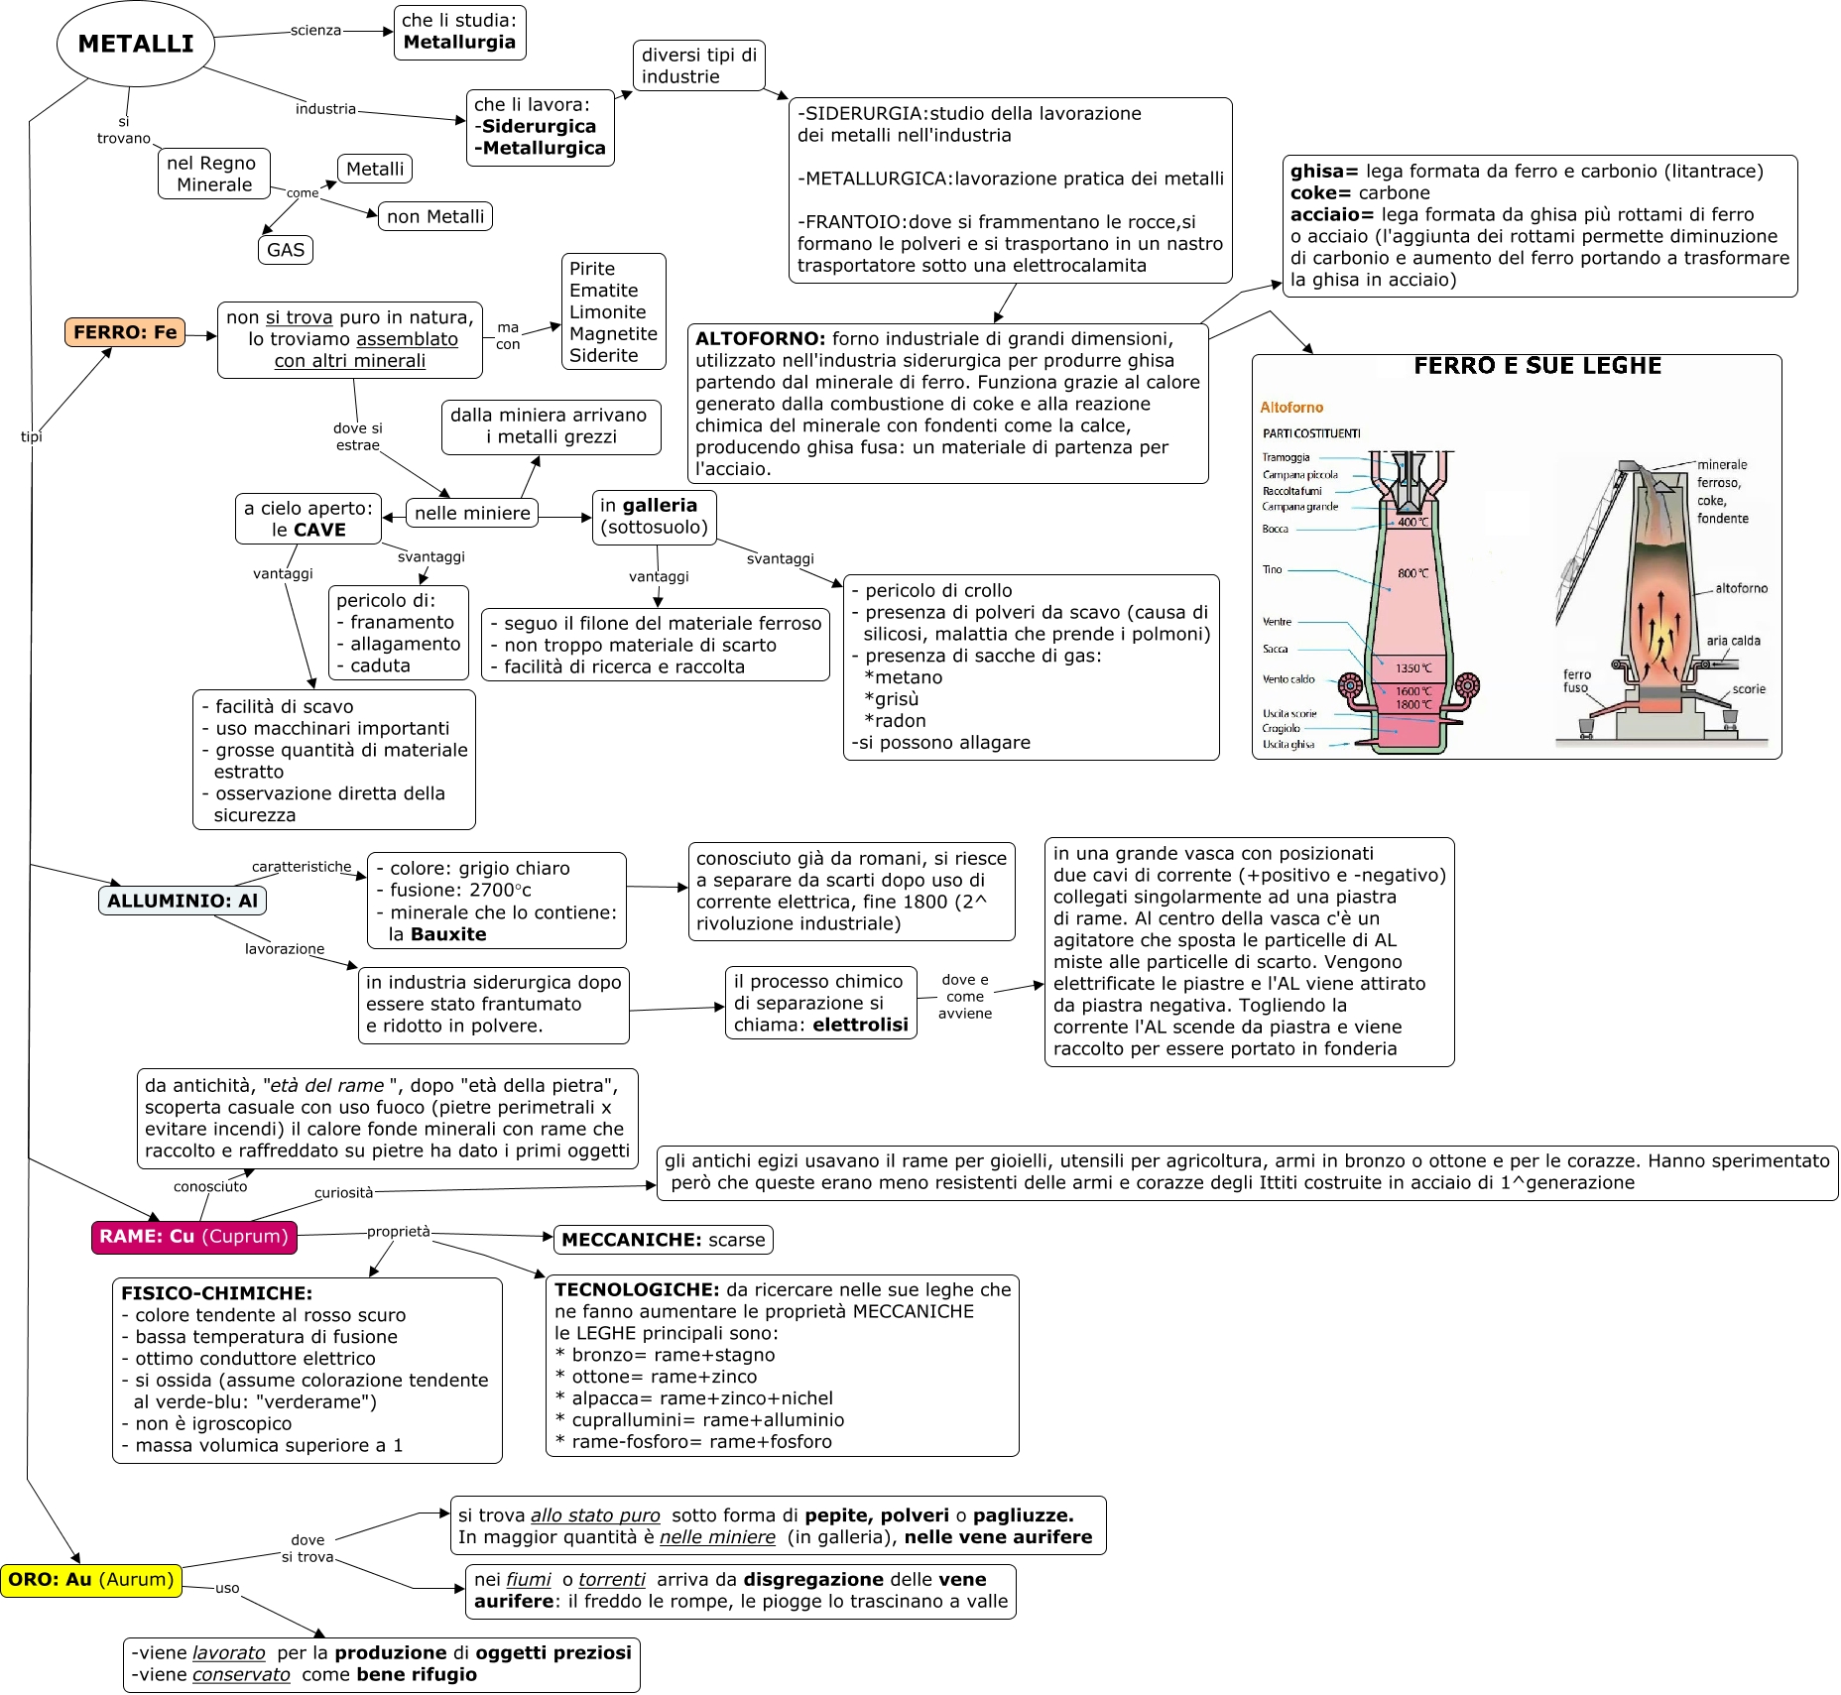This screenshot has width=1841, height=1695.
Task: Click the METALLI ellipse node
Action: point(136,44)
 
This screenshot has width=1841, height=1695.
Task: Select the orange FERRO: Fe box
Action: point(125,332)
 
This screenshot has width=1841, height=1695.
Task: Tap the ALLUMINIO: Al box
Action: point(183,901)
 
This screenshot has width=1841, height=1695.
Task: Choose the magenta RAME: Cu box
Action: point(194,1237)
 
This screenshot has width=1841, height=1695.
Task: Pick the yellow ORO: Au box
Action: point(91,1579)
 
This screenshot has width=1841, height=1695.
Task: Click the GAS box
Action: point(286,250)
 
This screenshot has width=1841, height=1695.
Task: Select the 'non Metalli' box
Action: point(435,216)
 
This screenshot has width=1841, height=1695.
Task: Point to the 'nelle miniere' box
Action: point(472,513)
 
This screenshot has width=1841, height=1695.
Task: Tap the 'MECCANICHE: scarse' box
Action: point(663,1240)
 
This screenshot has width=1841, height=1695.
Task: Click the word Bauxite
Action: point(448,934)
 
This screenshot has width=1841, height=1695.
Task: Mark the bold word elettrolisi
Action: point(860,1025)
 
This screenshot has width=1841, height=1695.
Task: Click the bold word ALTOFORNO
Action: point(760,339)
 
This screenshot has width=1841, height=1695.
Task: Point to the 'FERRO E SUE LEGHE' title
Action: point(1536,366)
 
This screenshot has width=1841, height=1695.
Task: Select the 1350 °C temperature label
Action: point(1413,668)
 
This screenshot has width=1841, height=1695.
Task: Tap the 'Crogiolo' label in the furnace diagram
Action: point(1281,728)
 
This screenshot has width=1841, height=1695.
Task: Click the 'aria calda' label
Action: point(1733,641)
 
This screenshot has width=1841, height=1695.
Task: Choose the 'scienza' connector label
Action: point(315,31)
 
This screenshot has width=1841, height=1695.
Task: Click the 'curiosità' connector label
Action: point(343,1192)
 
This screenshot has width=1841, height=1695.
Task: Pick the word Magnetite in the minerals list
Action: point(613,334)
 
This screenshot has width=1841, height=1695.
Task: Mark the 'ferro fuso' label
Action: point(1576,680)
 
